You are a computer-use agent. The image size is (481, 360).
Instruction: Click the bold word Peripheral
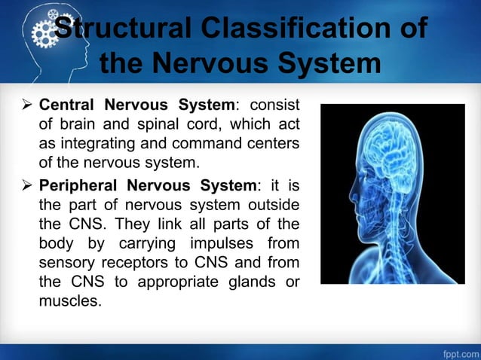pos(79,188)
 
